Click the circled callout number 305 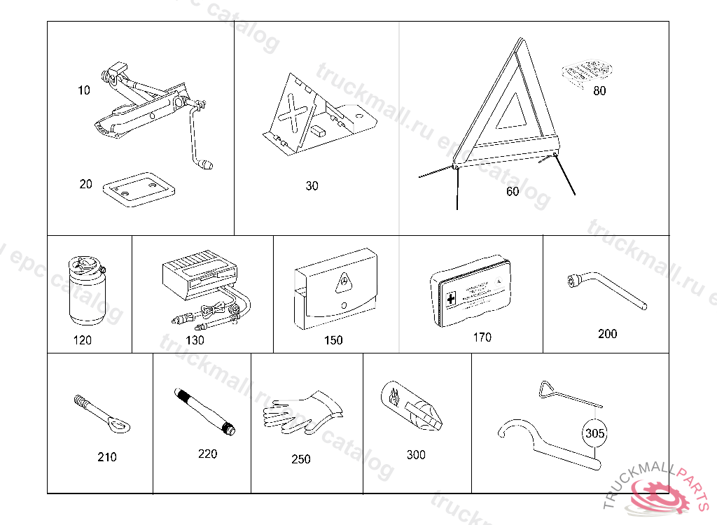pos(594,433)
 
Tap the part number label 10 pos(84,90)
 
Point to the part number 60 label pos(513,191)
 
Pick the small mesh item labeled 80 pos(587,71)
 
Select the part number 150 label pos(333,340)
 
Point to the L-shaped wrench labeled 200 pos(606,293)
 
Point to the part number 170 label pos(482,337)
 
